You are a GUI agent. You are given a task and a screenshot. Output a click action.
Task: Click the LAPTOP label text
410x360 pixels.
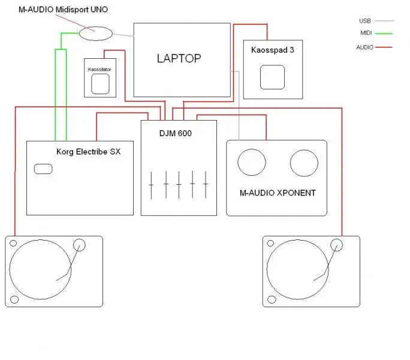tap(179, 58)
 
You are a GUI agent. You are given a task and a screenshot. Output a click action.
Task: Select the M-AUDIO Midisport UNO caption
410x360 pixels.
tap(68, 10)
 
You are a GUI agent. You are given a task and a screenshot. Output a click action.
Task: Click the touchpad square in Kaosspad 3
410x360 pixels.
tap(273, 78)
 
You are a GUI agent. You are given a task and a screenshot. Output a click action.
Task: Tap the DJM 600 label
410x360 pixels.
tap(176, 133)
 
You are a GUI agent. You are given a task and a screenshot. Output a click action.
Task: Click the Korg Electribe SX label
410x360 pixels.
tap(88, 152)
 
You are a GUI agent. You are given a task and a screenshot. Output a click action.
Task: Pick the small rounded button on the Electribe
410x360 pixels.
tap(43, 169)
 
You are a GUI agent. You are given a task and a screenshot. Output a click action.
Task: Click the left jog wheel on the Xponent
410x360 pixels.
tap(251, 163)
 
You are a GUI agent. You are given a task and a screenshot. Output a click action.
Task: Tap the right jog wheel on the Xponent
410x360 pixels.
tap(304, 163)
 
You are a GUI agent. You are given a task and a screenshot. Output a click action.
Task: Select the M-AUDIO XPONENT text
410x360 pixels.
tap(276, 193)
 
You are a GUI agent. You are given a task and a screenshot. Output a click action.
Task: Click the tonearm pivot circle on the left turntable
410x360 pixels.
tap(79, 244)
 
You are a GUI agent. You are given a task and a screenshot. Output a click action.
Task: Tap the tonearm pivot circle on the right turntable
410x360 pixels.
tap(336, 244)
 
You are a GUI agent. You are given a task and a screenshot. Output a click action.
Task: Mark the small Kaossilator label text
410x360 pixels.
tap(100, 70)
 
